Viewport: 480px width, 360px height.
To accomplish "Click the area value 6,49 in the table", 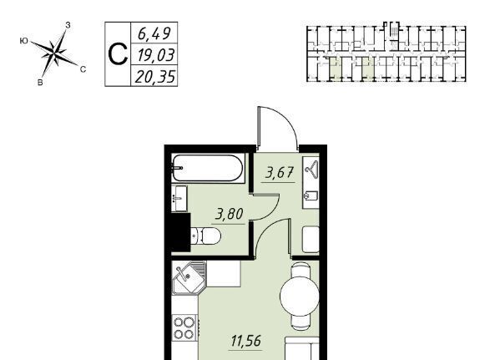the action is click(154, 33).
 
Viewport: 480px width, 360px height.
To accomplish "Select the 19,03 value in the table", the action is click(155, 55).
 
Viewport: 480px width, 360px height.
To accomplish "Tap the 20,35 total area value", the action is click(155, 77).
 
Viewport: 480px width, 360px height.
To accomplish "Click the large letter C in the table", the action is click(118, 54).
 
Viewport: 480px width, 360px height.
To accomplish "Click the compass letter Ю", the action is click(23, 41).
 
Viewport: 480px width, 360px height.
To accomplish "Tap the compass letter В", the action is click(40, 83).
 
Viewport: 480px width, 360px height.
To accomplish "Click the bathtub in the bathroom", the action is click(208, 168).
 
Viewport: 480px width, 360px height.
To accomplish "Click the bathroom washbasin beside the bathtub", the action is click(179, 199).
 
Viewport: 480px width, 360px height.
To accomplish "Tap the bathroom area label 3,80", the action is click(230, 214).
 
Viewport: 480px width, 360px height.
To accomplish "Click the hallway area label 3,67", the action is click(280, 173).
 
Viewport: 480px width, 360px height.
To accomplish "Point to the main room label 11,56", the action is click(246, 341).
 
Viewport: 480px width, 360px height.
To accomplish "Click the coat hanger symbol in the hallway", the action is click(311, 170).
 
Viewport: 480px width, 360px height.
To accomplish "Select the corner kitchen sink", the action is click(189, 278).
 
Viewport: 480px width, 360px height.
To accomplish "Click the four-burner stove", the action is click(184, 328).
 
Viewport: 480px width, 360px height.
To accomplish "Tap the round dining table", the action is click(300, 297).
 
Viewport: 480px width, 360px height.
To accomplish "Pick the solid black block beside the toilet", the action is click(181, 232).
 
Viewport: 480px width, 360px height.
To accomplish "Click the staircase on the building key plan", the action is click(395, 31).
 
